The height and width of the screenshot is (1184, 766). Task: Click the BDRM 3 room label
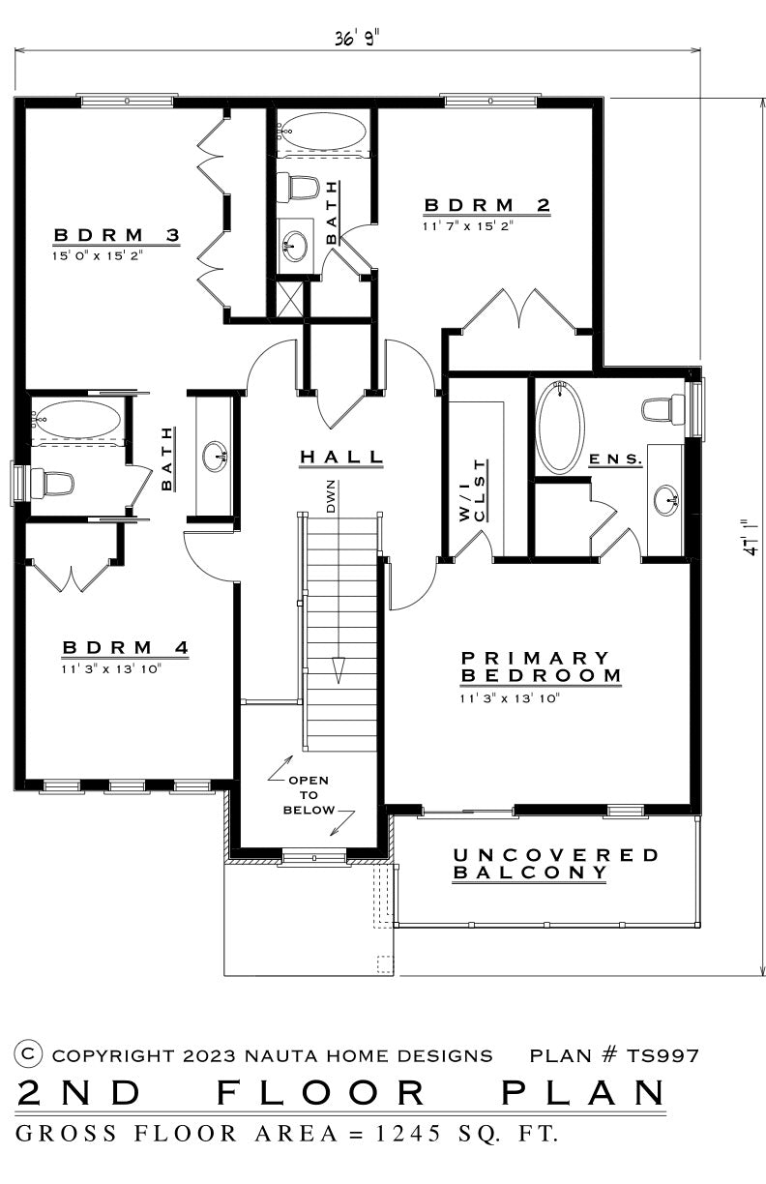(117, 235)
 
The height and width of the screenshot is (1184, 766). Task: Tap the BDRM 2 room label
(486, 205)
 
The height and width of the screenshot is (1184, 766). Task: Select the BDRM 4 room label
(126, 647)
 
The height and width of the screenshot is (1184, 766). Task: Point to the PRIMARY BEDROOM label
(541, 666)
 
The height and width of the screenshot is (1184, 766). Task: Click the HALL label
(341, 458)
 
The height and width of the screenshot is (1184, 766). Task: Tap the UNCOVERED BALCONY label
(555, 863)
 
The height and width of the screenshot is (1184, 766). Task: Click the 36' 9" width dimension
(357, 38)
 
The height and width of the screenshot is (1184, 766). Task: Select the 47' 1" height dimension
(751, 537)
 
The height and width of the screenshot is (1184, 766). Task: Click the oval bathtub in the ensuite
(560, 428)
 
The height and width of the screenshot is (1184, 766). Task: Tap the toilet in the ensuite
(663, 409)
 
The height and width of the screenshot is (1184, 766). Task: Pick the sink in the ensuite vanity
(666, 499)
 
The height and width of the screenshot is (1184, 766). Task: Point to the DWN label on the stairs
(331, 496)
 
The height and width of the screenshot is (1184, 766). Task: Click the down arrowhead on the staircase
(338, 670)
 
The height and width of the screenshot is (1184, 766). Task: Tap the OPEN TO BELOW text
(309, 795)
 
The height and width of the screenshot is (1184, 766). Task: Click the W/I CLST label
(473, 490)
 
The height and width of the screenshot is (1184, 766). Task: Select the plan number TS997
(663, 1056)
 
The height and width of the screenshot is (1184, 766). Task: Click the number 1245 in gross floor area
(408, 1134)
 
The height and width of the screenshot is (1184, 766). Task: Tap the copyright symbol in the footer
(29, 1052)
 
